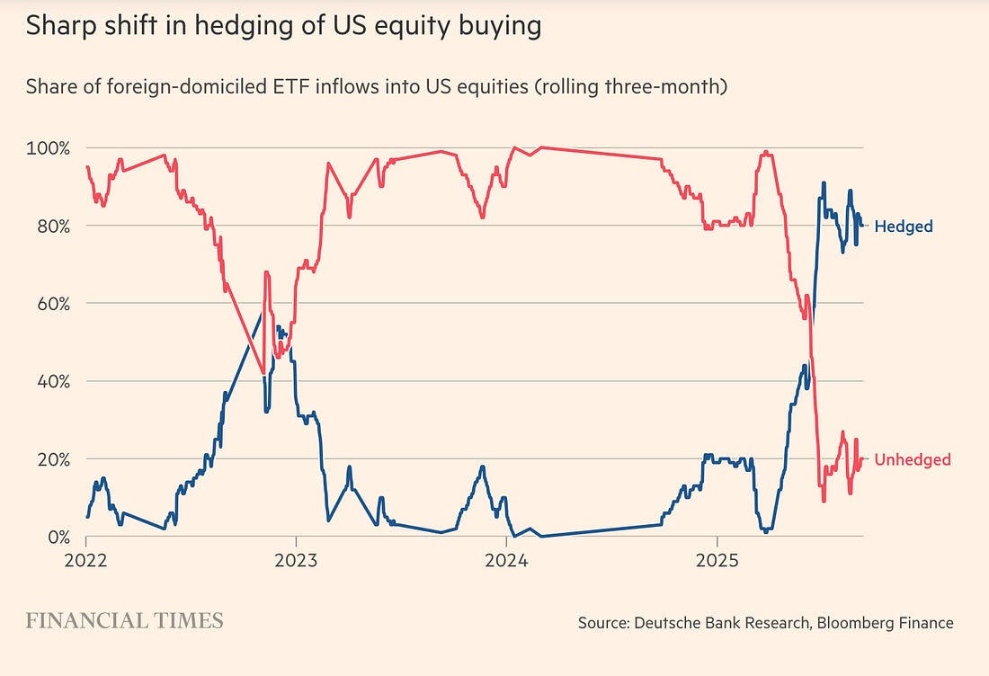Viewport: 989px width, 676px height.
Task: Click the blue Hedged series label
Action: [x=903, y=227]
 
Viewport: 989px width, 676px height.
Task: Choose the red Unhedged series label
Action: [x=912, y=460]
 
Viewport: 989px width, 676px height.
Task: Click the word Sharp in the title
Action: [x=56, y=26]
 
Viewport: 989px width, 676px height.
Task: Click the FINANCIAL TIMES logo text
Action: [x=124, y=620]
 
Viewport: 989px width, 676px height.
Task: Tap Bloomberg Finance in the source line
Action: [x=885, y=622]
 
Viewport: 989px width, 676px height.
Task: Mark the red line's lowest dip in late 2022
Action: [x=263, y=373]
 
